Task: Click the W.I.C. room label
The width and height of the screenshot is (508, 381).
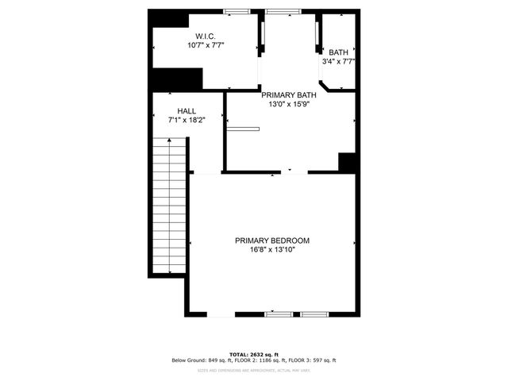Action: tap(206, 36)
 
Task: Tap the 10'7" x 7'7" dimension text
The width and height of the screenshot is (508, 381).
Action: tap(206, 45)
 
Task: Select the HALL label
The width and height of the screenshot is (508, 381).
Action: tap(187, 111)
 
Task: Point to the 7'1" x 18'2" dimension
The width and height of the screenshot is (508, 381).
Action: tap(187, 120)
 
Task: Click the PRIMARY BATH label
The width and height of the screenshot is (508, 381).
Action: tap(290, 94)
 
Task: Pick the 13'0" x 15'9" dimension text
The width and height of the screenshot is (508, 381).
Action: tap(290, 103)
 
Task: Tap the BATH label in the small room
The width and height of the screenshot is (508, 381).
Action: tap(338, 52)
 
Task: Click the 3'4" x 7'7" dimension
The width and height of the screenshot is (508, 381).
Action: tap(338, 61)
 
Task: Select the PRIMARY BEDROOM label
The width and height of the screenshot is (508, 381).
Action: tap(271, 241)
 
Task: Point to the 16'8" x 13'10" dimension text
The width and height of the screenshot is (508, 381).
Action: tap(271, 250)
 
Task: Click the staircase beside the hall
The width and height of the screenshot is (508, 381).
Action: tap(169, 206)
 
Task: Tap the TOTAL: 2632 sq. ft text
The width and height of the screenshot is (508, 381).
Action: tap(253, 355)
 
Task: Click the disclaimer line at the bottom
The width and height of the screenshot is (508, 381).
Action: tap(253, 370)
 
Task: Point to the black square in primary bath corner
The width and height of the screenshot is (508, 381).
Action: tap(347, 161)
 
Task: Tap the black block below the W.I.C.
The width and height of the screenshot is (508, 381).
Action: tap(177, 79)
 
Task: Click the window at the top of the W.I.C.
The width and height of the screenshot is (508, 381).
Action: tap(236, 11)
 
